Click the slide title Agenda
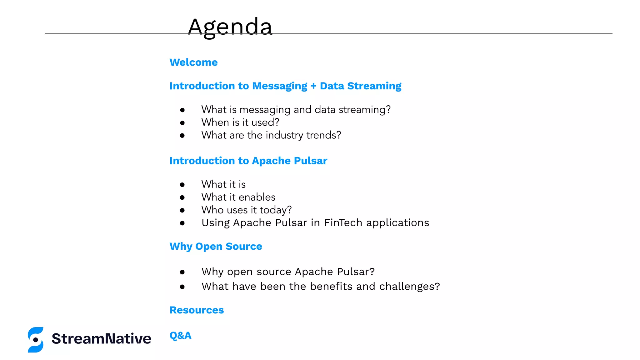pos(230,27)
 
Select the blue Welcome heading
pos(193,62)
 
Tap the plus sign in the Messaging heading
pos(313,86)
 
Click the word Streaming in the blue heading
pos(374,86)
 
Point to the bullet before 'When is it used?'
pos(182,123)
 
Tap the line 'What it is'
pos(223,184)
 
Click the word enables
pos(257,197)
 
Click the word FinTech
pos(343,223)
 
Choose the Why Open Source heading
pos(216,246)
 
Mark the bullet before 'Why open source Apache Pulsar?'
pos(182,272)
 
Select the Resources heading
pos(197,310)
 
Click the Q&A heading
pos(180,335)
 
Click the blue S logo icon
pos(36,340)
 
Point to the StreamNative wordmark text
pos(101,339)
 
